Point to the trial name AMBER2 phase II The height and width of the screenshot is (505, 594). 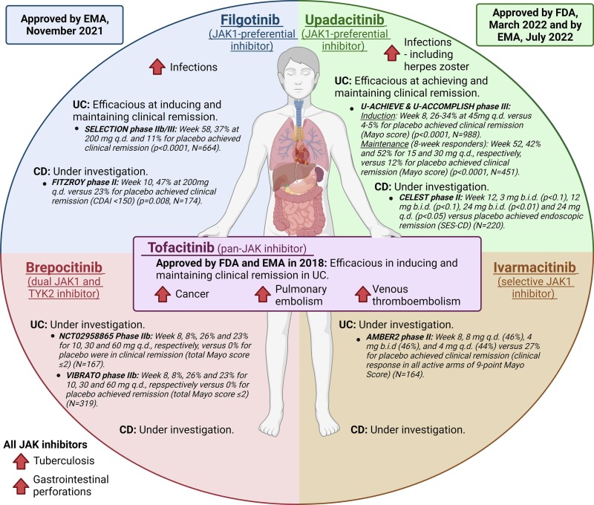click(389, 335)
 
